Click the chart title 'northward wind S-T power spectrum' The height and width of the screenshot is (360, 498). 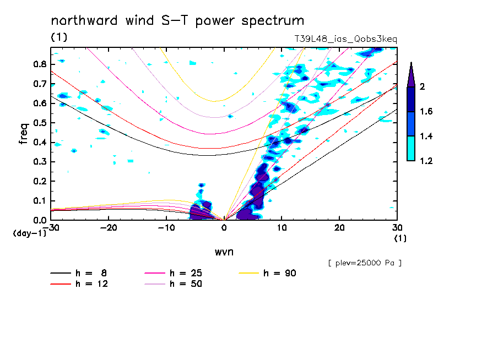point(177,21)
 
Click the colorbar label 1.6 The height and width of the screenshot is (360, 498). point(426,112)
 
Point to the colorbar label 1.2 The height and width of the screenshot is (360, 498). point(426,161)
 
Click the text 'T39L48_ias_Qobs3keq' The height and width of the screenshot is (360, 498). point(346,40)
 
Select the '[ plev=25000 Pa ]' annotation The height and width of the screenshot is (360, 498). point(365,263)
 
